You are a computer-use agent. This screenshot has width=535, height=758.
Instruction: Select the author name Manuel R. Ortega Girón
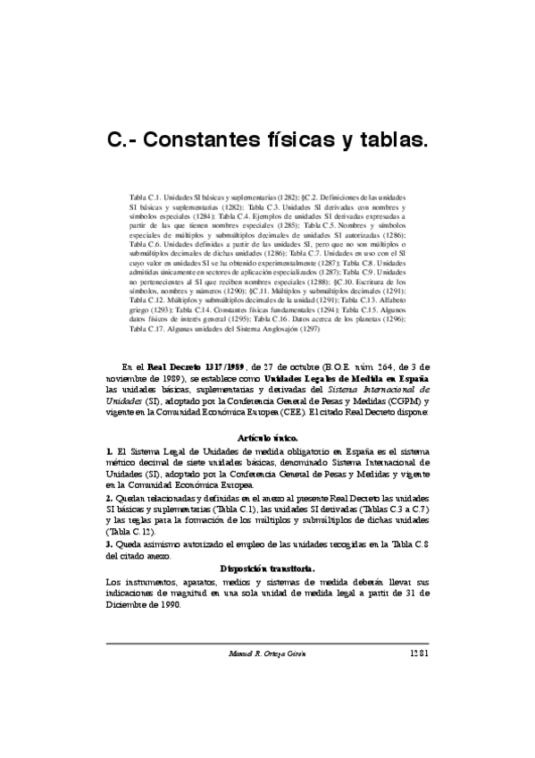click(268, 653)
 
